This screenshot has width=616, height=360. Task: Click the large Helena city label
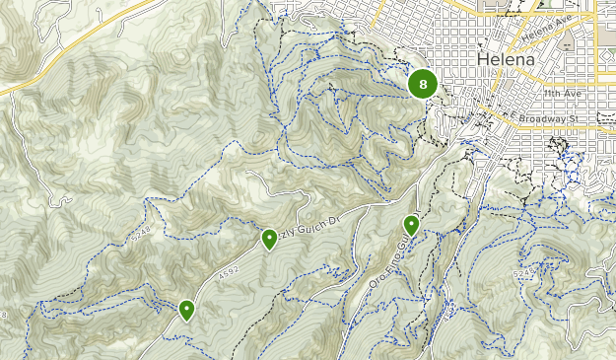506,59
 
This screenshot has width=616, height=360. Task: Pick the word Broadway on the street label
544,118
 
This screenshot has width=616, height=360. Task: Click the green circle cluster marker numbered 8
423,85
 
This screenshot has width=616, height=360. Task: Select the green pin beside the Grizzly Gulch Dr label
269,238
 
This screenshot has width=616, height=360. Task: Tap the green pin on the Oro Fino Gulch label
411,225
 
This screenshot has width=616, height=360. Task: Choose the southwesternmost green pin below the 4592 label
186,310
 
